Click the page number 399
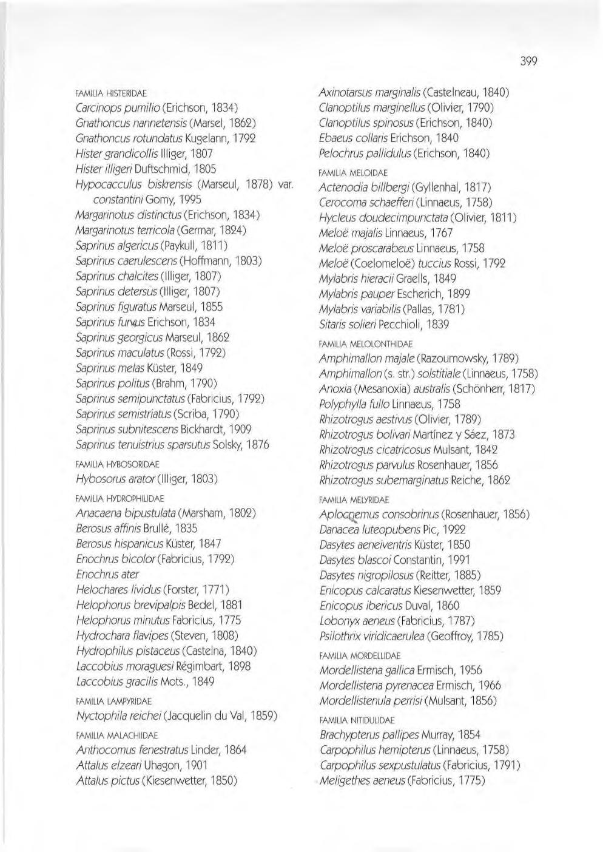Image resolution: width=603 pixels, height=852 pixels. pyautogui.click(x=528, y=61)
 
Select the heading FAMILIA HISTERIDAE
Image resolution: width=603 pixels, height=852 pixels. pyautogui.click(x=112, y=93)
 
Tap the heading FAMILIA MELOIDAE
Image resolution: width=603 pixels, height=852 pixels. pyautogui.click(x=353, y=173)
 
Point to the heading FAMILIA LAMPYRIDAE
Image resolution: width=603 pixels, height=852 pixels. pyautogui.click(x=114, y=701)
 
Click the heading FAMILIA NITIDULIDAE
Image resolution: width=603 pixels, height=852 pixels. pyautogui.click(x=357, y=720)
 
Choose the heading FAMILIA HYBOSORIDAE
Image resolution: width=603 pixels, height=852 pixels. pyautogui.click(x=118, y=464)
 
